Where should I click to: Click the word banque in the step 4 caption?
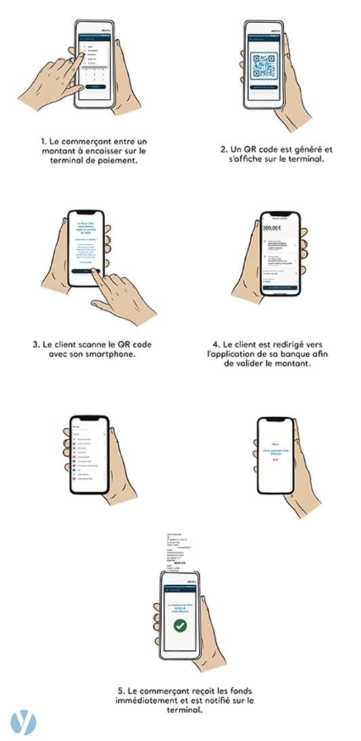tap(289, 354)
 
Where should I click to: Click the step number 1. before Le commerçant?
tap(43, 140)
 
